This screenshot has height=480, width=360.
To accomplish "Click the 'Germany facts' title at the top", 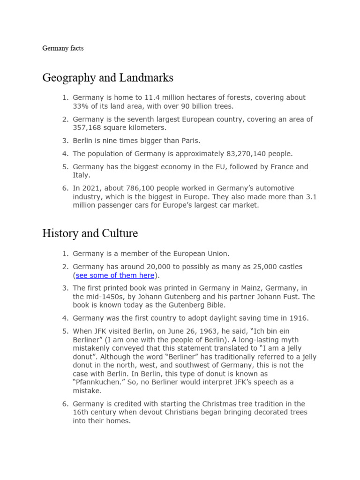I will pyautogui.click(x=63, y=48).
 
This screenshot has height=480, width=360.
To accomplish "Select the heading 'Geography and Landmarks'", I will pyautogui.click(x=108, y=77).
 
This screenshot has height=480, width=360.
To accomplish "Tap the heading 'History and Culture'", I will pyautogui.click(x=90, y=233).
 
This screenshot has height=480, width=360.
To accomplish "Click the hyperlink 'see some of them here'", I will pyautogui.click(x=115, y=275).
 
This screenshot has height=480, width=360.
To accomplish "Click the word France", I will pyautogui.click(x=273, y=166).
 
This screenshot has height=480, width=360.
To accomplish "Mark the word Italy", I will pyautogui.click(x=81, y=175).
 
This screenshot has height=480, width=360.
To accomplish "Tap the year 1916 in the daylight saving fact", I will pyautogui.click(x=298, y=318).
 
